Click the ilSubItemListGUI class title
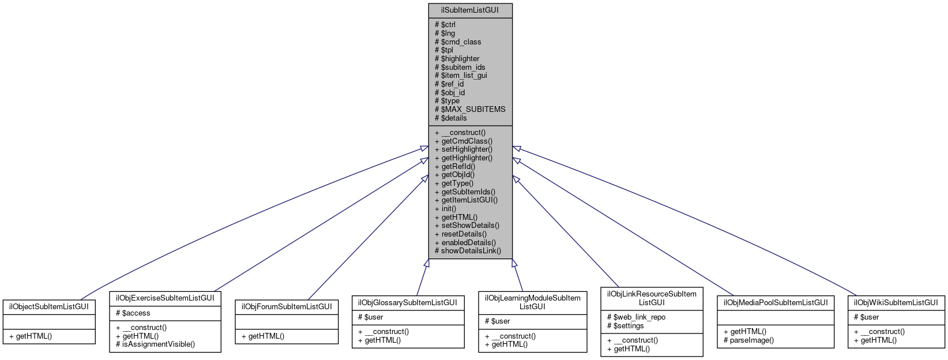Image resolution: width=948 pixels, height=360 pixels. [x=470, y=10]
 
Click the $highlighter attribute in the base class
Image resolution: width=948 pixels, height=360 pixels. [x=457, y=58]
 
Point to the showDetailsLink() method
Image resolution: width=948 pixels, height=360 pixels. [x=468, y=251]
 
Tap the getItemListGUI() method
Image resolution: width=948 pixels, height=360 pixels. [x=466, y=200]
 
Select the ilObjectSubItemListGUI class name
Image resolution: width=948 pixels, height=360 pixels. [x=48, y=306]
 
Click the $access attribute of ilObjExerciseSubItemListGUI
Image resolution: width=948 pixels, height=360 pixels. [x=133, y=313]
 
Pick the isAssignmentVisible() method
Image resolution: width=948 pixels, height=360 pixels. [x=155, y=344]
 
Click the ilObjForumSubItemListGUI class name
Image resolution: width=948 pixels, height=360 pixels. [x=287, y=306]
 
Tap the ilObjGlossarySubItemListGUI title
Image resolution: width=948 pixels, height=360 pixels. [x=408, y=302]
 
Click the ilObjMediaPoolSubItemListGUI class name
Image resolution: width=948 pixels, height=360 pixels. [x=775, y=302]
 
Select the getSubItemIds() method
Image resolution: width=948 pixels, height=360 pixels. [x=465, y=192]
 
